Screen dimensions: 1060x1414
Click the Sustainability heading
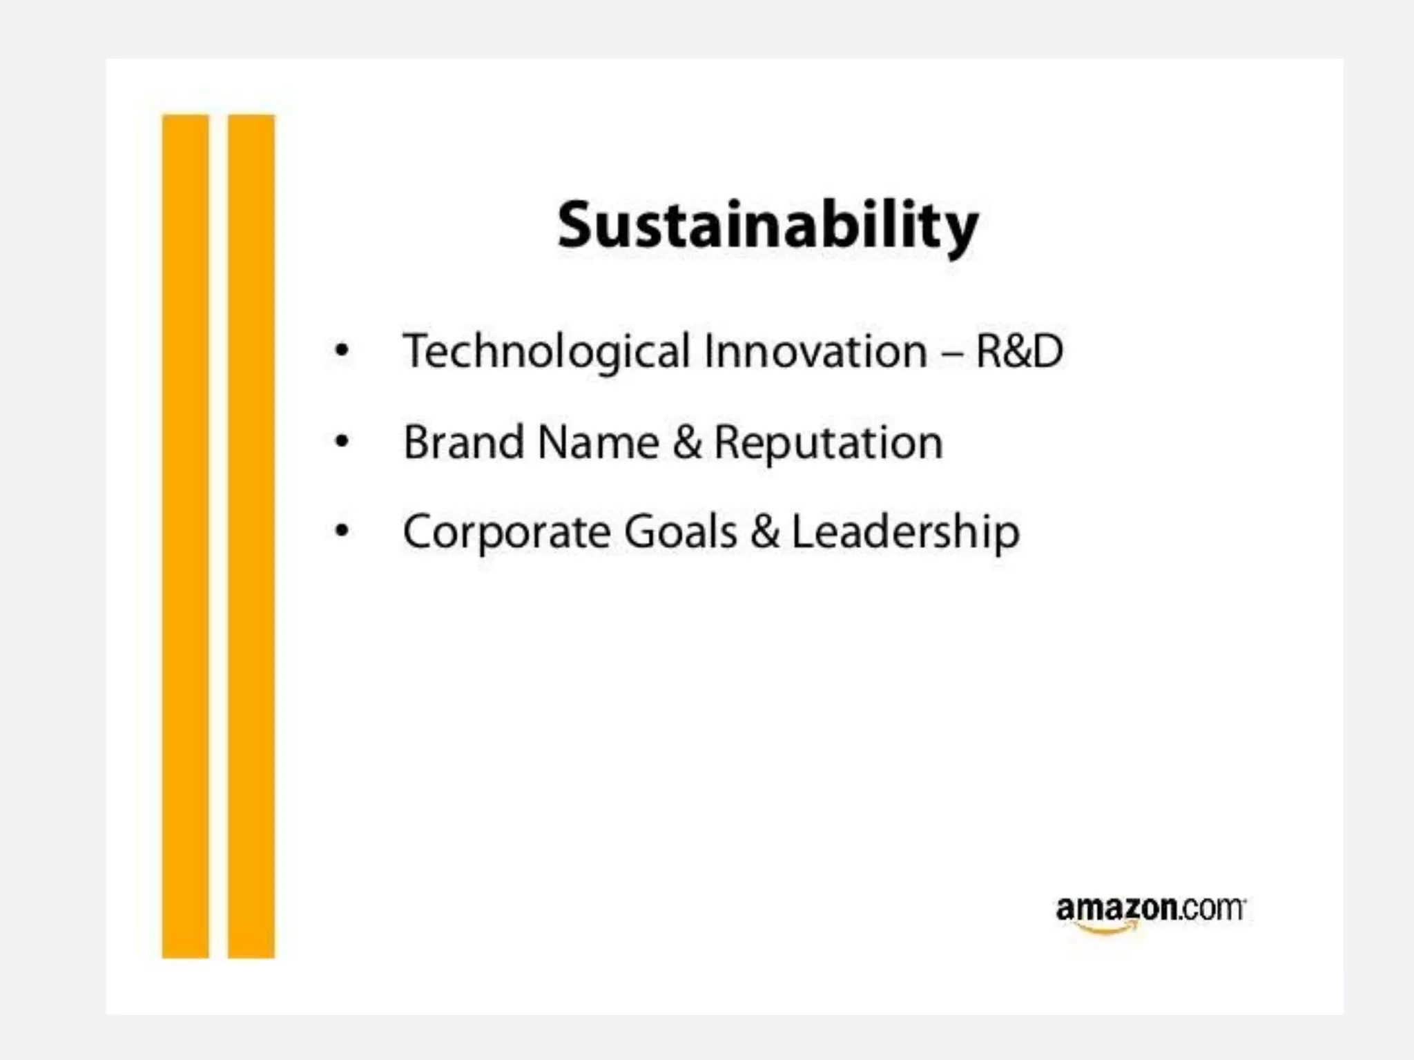[768, 226]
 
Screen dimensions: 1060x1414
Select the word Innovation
[815, 351]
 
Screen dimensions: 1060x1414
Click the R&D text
[1019, 351]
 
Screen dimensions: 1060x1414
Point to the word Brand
[463, 442]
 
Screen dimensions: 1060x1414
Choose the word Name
[598, 442]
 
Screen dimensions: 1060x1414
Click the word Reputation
[828, 442]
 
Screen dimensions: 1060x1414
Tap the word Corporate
[507, 532]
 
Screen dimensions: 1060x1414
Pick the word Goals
[681, 532]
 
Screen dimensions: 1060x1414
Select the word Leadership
[905, 532]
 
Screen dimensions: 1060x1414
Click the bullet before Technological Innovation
[342, 351]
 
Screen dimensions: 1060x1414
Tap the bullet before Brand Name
[342, 441]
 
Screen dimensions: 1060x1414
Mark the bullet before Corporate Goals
[342, 531]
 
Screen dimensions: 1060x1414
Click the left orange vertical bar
[185, 536]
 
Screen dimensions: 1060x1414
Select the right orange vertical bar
[251, 536]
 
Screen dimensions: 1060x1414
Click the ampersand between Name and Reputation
[687, 442]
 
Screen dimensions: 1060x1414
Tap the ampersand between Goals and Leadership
[765, 532]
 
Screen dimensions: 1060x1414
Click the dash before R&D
[951, 353]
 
